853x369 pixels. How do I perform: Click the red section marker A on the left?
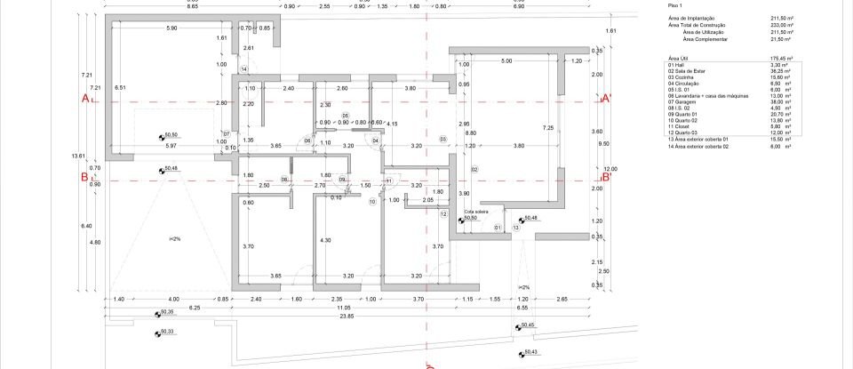coord(86,99)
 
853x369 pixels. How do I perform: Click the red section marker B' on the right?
coord(608,176)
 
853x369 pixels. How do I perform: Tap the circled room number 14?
coord(243,68)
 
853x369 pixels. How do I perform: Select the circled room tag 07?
coord(227,134)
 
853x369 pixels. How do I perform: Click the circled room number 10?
coord(372,202)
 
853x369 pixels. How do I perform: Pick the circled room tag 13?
coord(515,228)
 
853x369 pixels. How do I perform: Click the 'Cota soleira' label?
coord(477,212)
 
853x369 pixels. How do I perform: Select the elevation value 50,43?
coord(530,352)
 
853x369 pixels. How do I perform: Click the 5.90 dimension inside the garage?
coord(171,28)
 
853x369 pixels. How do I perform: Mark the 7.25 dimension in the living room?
coord(548,128)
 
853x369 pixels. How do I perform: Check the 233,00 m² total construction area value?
coord(781,26)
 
